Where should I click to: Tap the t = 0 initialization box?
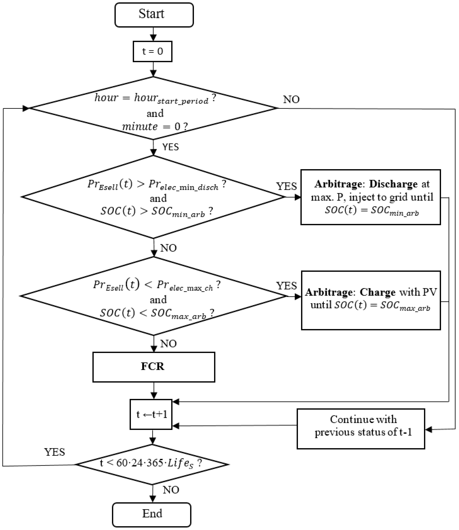click(x=152, y=51)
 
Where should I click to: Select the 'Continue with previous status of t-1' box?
click(x=361, y=429)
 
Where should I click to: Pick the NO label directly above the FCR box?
click(x=168, y=344)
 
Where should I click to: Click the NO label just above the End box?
click(x=171, y=490)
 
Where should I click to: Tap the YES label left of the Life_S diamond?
click(x=55, y=452)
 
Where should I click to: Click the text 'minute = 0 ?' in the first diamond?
click(x=155, y=126)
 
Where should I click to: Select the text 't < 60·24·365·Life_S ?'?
click(x=151, y=463)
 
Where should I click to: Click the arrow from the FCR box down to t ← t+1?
click(x=154, y=391)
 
